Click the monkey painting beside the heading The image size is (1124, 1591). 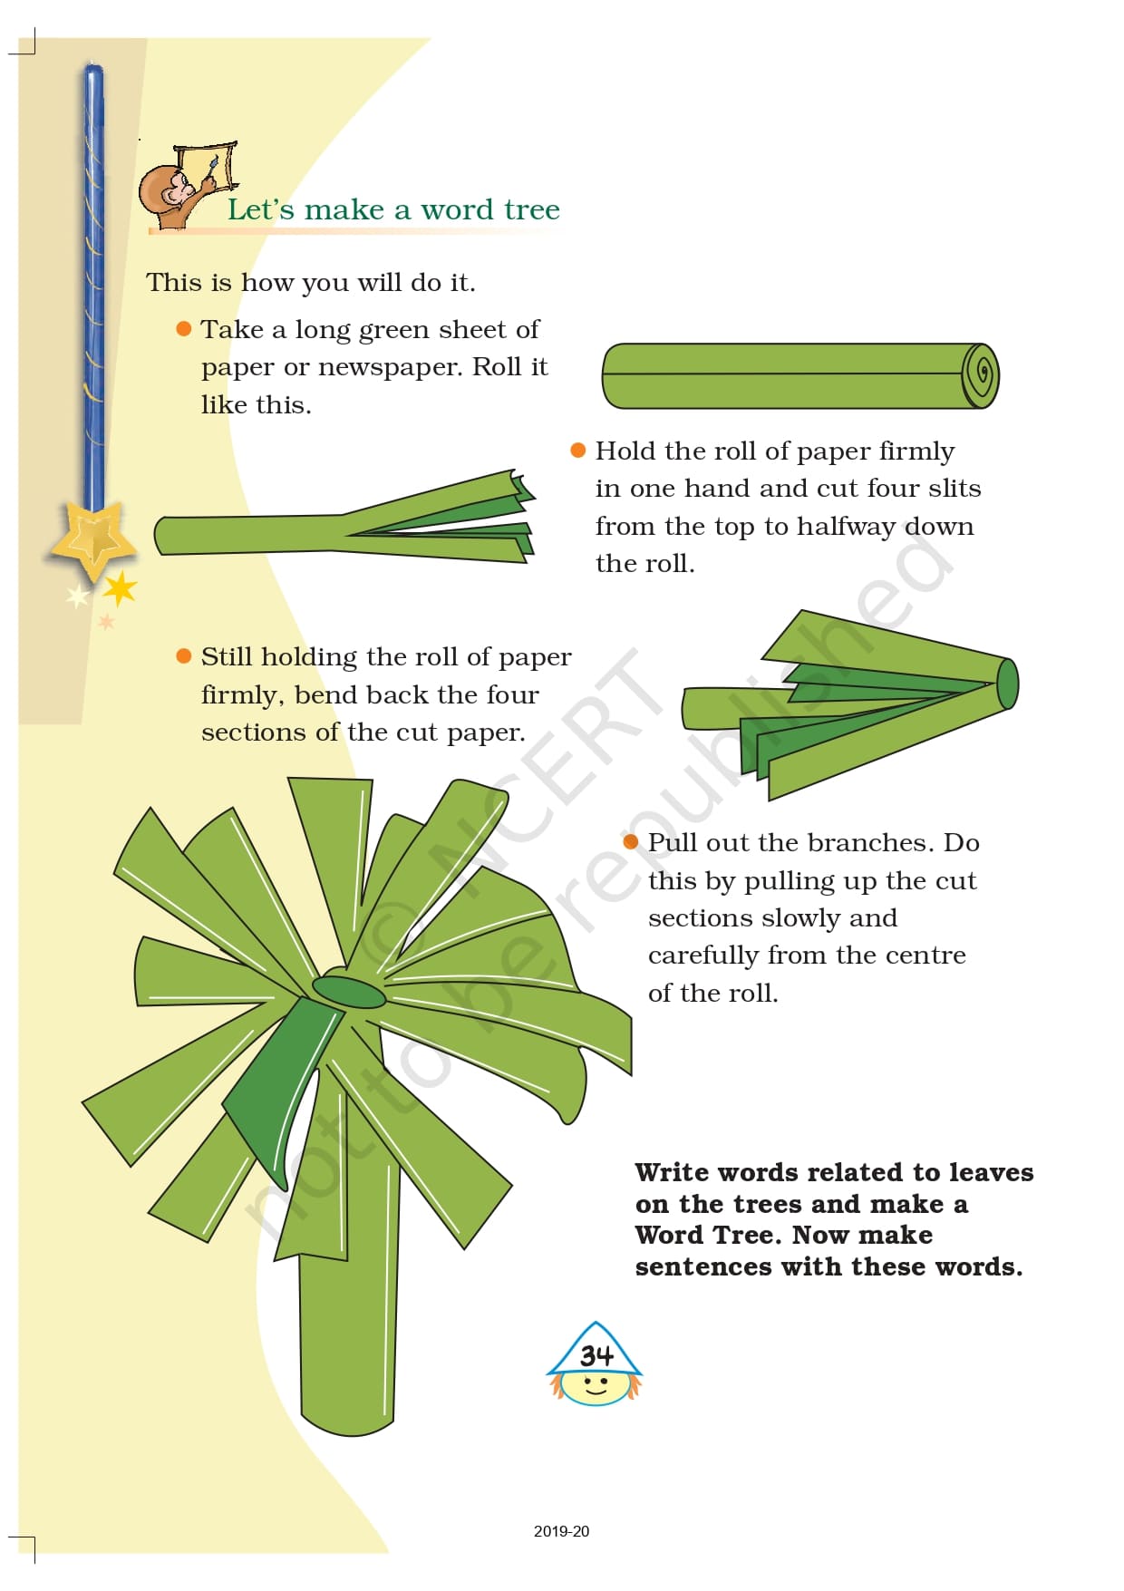(x=186, y=186)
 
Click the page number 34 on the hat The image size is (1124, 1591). (x=596, y=1354)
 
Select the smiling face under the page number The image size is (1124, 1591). (x=596, y=1386)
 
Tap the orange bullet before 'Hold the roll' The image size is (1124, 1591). (x=578, y=450)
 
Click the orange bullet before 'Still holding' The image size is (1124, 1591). (x=184, y=655)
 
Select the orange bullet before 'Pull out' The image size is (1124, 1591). (x=631, y=841)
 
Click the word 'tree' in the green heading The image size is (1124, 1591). (x=532, y=209)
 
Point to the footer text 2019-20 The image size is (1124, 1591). (x=561, y=1531)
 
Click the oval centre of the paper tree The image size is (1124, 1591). (x=349, y=991)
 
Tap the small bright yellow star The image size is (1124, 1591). (x=121, y=589)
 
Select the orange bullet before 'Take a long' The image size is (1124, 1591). (x=184, y=328)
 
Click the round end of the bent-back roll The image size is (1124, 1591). (x=1007, y=684)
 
